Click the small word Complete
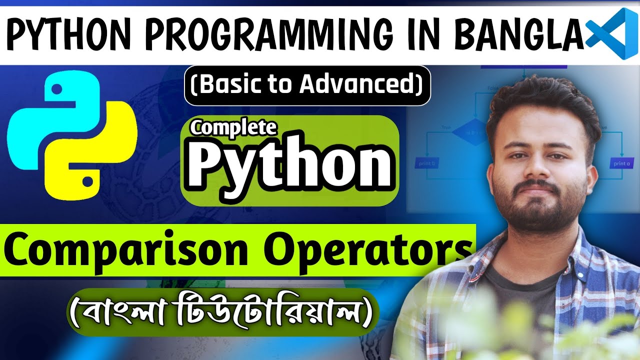(x=233, y=128)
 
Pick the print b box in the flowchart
(x=426, y=163)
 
